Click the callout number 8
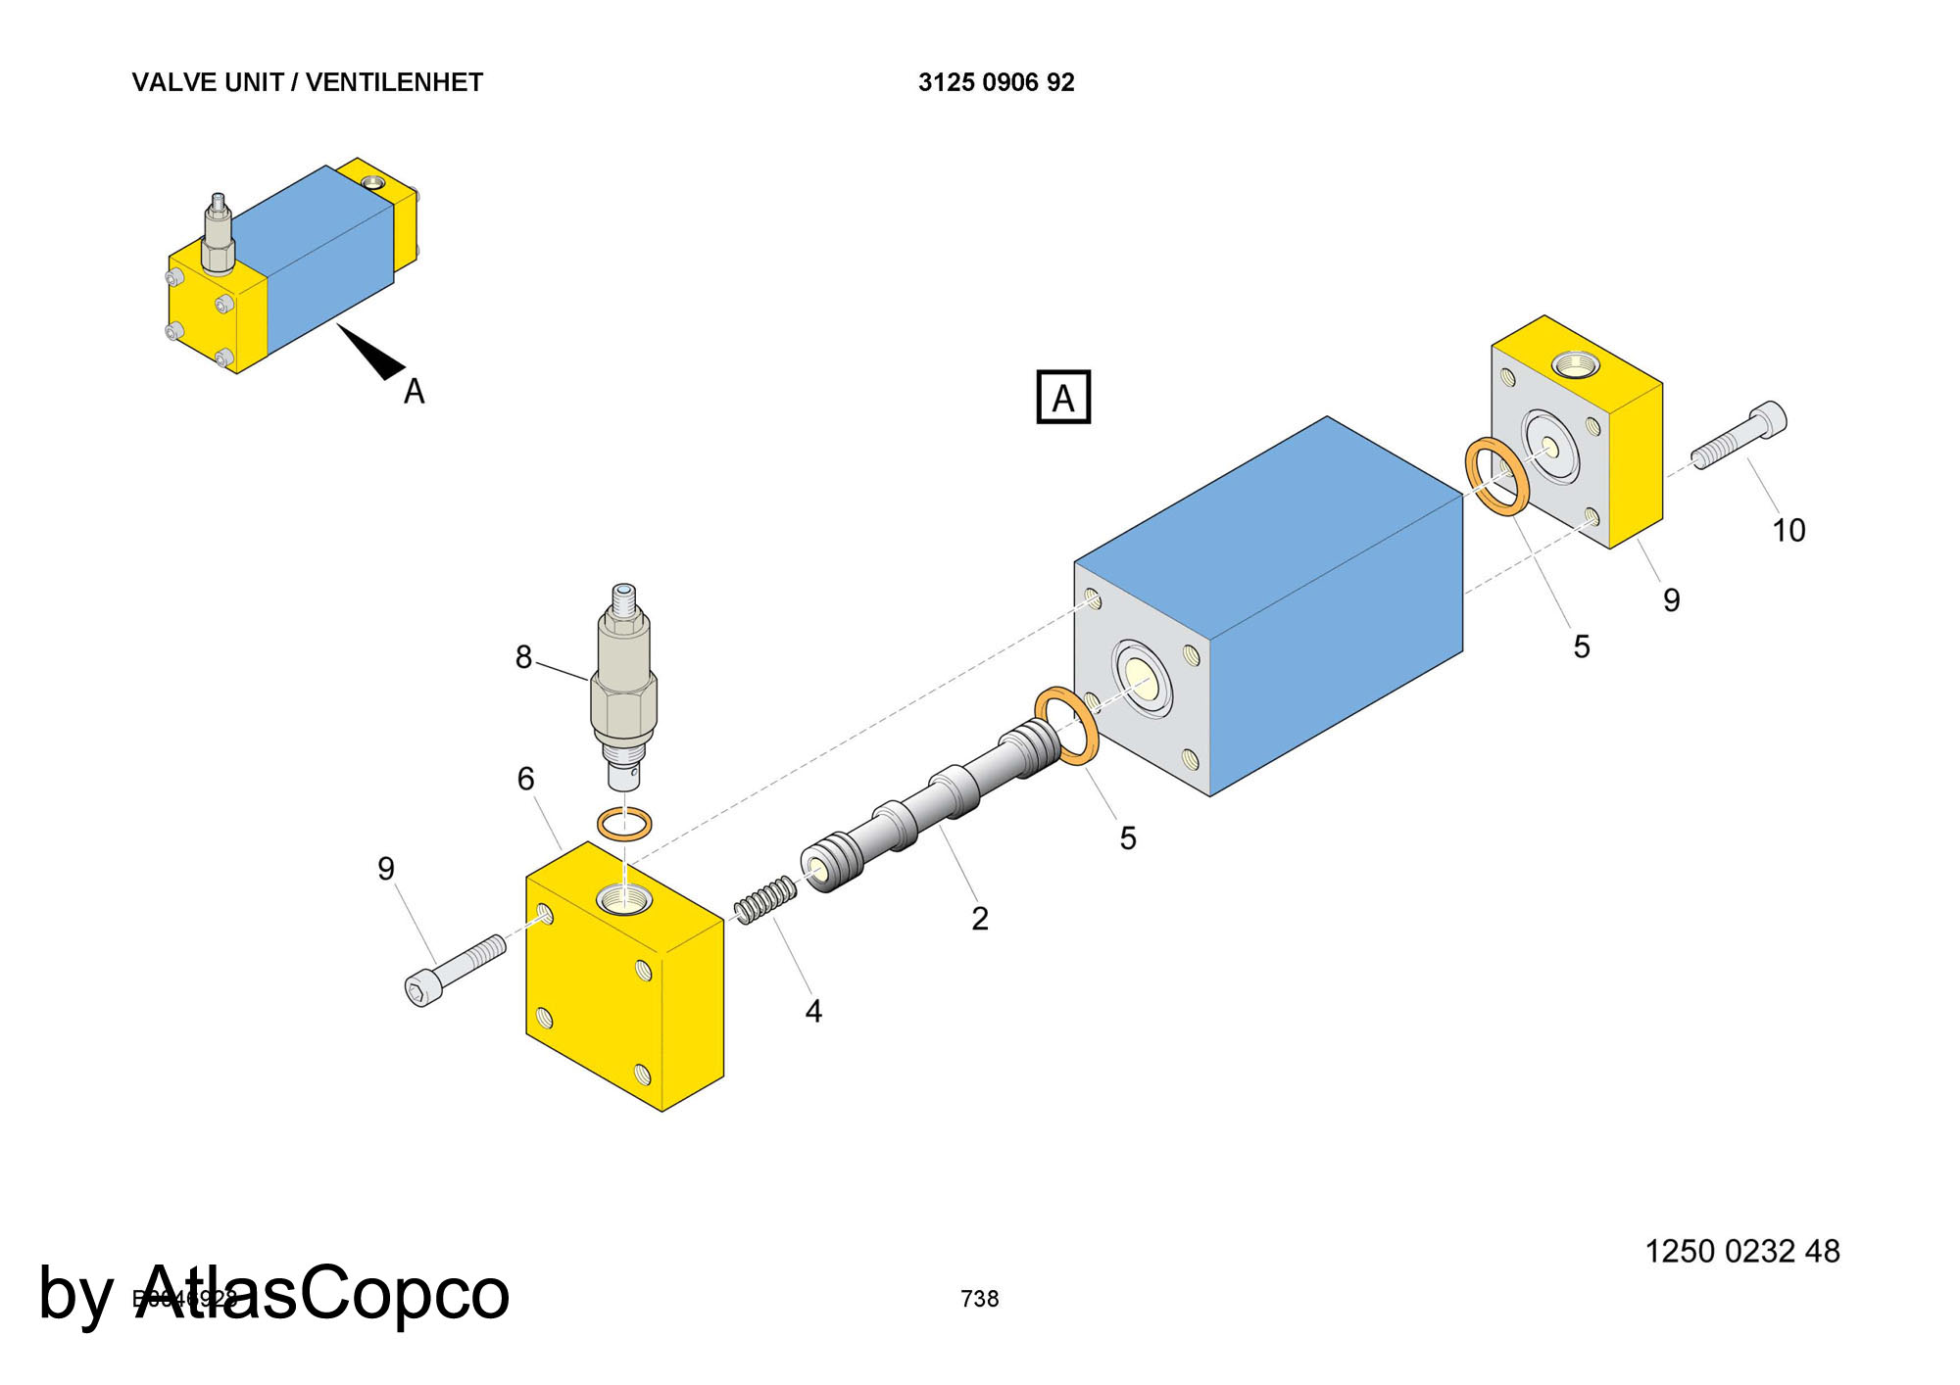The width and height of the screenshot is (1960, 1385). (x=523, y=657)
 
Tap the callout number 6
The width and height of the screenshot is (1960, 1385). (x=525, y=779)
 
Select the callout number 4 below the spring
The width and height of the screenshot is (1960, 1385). (x=813, y=1011)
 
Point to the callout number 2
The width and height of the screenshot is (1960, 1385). (x=979, y=918)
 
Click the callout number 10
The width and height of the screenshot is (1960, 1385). (x=1788, y=530)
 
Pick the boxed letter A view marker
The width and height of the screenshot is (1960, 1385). (x=1063, y=397)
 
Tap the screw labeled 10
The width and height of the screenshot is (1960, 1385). (x=1739, y=437)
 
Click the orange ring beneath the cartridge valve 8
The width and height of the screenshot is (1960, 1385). (x=624, y=824)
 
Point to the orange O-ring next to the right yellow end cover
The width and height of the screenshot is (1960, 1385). (x=1496, y=477)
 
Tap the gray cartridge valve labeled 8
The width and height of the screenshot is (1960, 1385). (x=624, y=686)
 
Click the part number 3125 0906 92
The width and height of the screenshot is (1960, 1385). (x=996, y=82)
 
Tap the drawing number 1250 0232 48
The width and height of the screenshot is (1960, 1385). (x=1741, y=1251)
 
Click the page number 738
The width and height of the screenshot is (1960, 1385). (x=979, y=1299)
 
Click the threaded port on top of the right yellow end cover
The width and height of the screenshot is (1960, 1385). (x=1577, y=365)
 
